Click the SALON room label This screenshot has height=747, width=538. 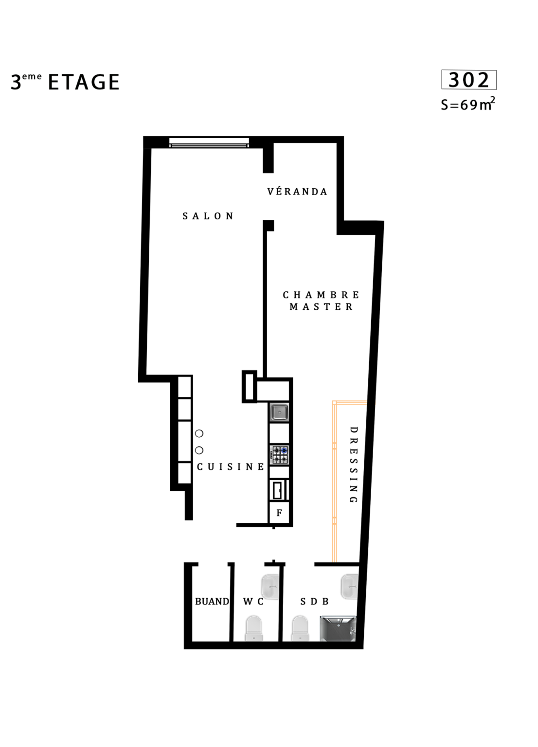[208, 216]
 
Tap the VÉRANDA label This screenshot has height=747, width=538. [297, 192]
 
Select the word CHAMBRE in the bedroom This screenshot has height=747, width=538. [321, 295]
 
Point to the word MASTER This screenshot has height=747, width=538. [321, 307]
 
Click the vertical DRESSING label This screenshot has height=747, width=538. [354, 464]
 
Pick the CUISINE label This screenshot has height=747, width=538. [231, 467]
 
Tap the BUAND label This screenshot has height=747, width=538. [212, 601]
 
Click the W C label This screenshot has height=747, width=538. [253, 601]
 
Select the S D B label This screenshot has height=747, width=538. [314, 601]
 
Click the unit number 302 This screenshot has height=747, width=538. [468, 80]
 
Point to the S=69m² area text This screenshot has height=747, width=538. [467, 104]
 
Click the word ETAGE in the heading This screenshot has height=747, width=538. [84, 82]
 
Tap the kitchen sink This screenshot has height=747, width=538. [279, 412]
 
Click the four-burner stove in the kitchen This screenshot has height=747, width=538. [280, 455]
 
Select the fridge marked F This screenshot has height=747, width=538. [279, 513]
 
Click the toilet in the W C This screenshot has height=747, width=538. [254, 628]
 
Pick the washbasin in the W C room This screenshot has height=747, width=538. [270, 587]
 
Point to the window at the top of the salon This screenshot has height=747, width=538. [209, 142]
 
